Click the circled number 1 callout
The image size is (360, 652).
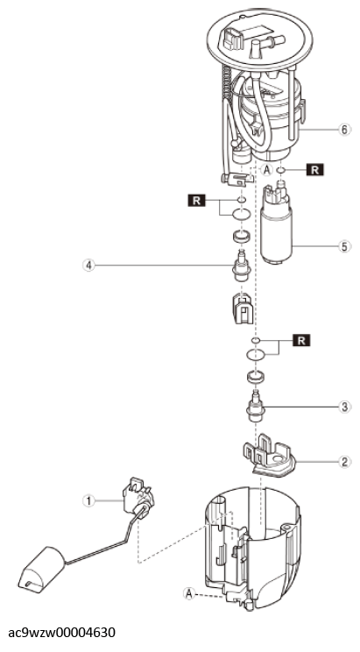point(88,500)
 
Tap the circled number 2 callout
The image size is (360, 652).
point(343,462)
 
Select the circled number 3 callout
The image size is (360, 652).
point(343,406)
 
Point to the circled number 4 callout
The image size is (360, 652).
point(88,265)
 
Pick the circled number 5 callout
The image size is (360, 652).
point(343,246)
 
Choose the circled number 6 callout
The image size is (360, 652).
point(343,130)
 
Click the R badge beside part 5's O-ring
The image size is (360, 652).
point(314,170)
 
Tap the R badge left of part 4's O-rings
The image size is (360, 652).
point(196,201)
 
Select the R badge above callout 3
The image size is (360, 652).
point(302,341)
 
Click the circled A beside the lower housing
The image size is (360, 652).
point(189,592)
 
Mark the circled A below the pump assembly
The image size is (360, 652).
point(266,169)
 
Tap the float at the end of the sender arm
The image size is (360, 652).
point(42,569)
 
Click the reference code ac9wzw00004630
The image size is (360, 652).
point(62,633)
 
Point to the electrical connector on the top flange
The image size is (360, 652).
point(233,39)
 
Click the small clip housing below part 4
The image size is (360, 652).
point(242,308)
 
